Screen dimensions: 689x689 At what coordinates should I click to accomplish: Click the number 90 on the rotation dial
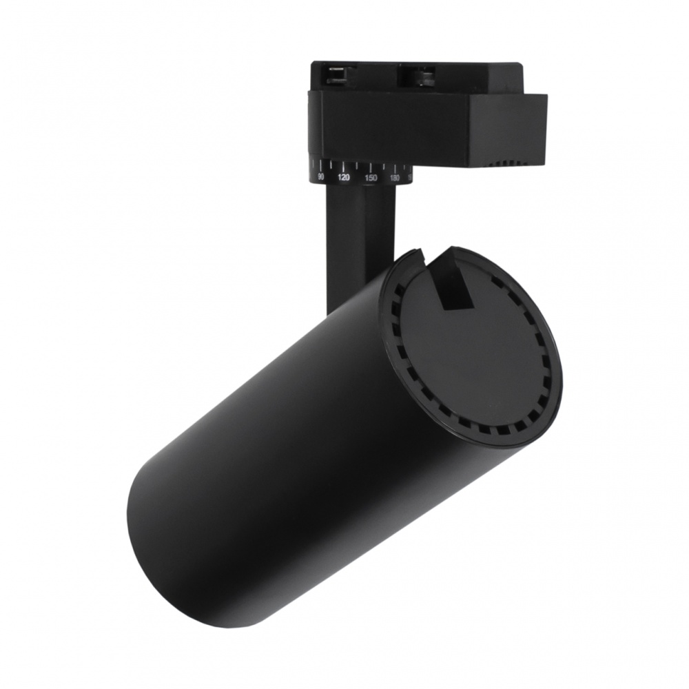tap(320, 177)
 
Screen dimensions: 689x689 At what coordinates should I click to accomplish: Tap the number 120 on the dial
tap(344, 178)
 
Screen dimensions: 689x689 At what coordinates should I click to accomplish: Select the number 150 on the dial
tap(371, 178)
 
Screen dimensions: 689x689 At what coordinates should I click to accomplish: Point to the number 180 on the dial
tap(395, 178)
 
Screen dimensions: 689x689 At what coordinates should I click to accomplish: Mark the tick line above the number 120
tap(344, 167)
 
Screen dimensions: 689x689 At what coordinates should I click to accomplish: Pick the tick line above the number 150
tap(371, 167)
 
